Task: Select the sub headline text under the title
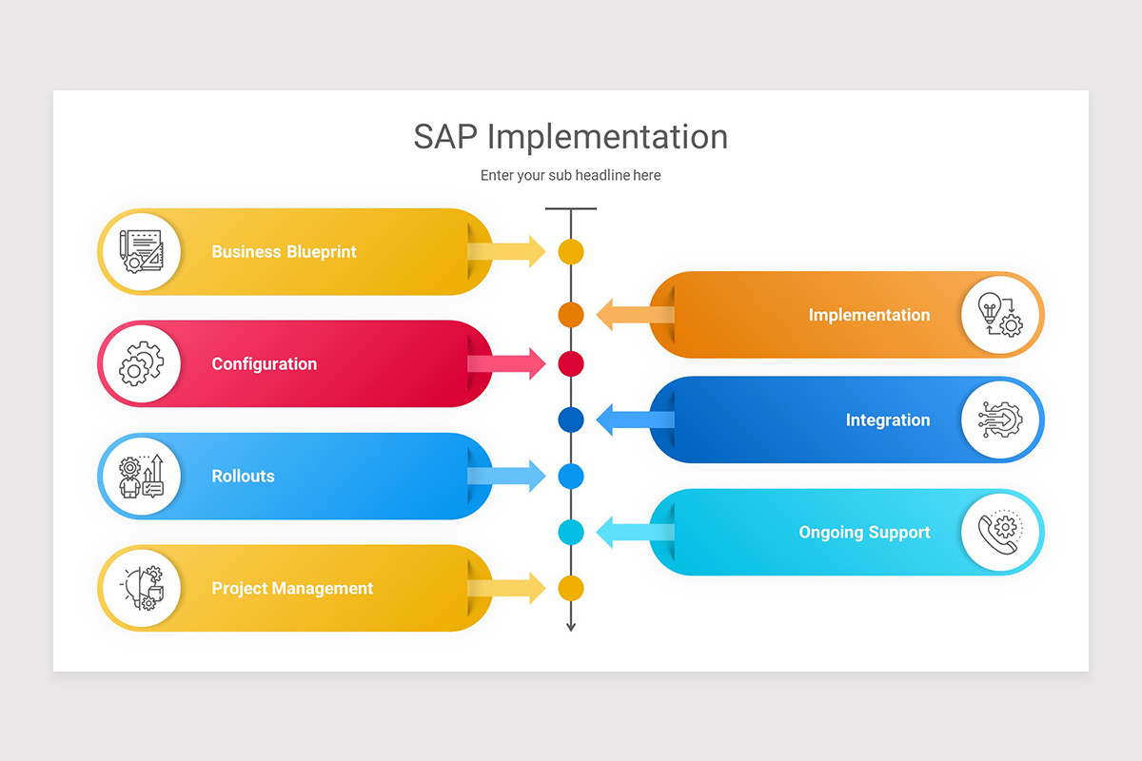(570, 175)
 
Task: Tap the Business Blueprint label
(284, 252)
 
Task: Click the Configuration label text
(264, 364)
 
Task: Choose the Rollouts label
(243, 477)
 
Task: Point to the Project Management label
(292, 589)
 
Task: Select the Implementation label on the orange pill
(869, 315)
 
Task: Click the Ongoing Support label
(864, 533)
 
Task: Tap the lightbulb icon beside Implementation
(1000, 315)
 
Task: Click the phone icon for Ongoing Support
(1000, 533)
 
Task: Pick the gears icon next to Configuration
(141, 364)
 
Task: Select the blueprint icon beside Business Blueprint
(141, 252)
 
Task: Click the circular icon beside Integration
(1000, 420)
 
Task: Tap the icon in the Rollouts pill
(141, 477)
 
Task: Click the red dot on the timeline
(570, 364)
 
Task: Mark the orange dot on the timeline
(570, 315)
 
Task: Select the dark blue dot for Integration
(570, 420)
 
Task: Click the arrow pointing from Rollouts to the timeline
(509, 476)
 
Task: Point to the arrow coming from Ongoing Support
(633, 533)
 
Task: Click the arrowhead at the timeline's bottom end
(571, 625)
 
